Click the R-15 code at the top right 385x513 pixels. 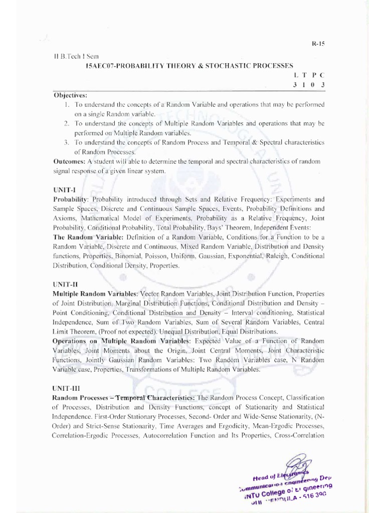coord(319,44)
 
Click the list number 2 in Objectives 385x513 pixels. coord(66,123)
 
